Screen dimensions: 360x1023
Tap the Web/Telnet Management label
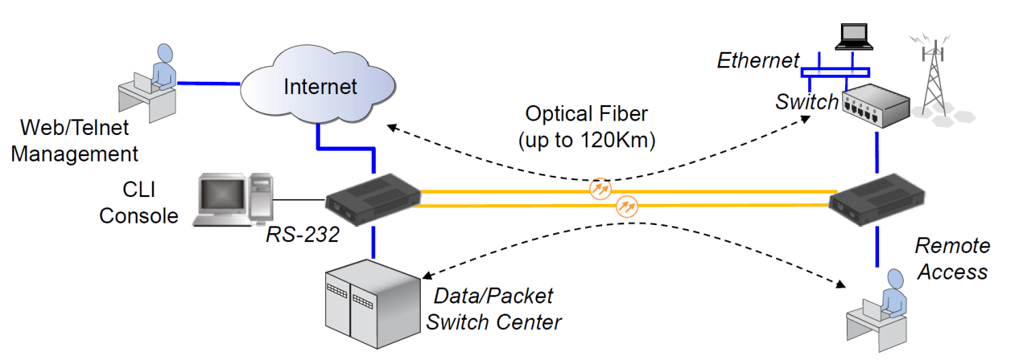coord(74,140)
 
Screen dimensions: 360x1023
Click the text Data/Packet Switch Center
coord(494,308)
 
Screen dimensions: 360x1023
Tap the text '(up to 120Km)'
coord(587,141)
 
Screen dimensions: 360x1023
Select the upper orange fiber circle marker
coord(599,187)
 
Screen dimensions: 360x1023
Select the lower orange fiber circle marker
coord(626,205)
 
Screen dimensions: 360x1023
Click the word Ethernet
coord(758,61)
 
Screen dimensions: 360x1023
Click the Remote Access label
coord(952,258)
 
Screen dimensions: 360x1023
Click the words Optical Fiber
coord(587,113)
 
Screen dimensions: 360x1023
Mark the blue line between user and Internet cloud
coord(209,84)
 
